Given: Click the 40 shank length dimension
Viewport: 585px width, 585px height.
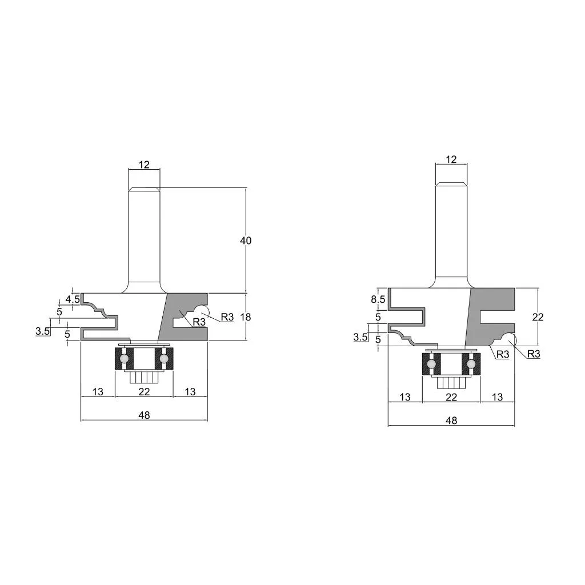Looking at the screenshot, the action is point(246,241).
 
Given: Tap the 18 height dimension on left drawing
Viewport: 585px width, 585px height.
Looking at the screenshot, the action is point(246,316).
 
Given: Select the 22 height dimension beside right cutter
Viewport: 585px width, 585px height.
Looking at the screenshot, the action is point(538,317).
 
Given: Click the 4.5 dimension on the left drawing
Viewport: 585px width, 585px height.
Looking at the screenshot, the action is point(73,299).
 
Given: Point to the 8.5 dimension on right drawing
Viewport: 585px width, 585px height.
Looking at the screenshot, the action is point(378,299).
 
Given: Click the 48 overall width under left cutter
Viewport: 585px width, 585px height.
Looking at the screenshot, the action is point(144,415).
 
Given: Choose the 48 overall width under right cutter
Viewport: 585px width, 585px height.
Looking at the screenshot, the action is point(451,420).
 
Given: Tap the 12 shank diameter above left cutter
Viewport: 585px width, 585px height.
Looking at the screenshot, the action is point(144,165).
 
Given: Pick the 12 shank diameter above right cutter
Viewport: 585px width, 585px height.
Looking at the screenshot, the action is point(451,159).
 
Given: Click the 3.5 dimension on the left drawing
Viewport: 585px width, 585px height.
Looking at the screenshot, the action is point(42,331).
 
